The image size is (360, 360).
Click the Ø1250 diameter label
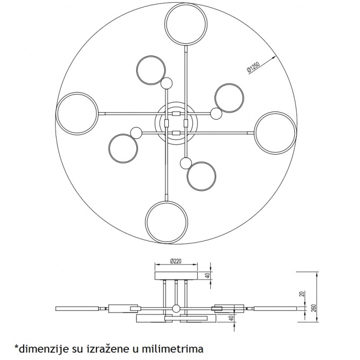tap(253, 67)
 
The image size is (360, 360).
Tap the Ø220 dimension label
tap(176, 261)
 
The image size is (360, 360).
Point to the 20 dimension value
tap(302, 294)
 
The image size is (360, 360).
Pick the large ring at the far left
tap(56, 114)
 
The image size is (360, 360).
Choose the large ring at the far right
tap(296, 133)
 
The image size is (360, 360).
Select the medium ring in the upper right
tap(214, 98)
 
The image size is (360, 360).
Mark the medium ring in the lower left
tap(109, 148)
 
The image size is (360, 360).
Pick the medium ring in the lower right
tap(187, 176)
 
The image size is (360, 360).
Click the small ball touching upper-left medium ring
tap(167, 84)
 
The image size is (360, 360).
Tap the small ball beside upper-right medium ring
tap(216, 114)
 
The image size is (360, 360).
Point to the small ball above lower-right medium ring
tap(186, 163)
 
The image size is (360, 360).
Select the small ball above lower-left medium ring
tap(136, 133)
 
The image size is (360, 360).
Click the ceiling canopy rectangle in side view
tap(176, 275)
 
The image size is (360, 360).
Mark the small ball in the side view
tap(176, 309)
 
